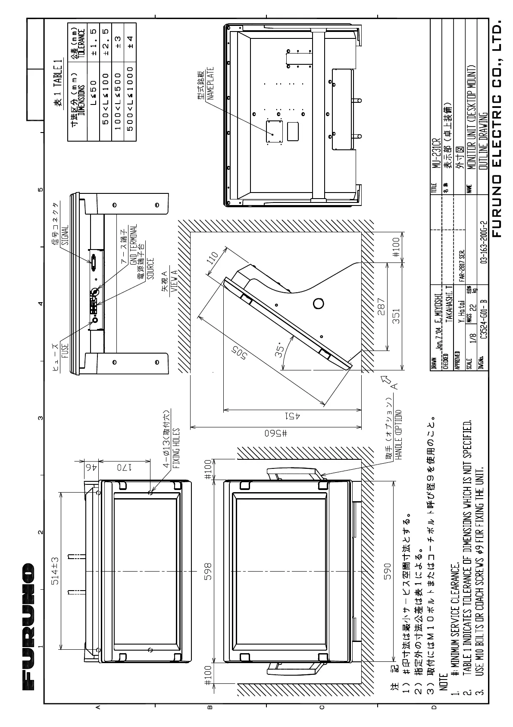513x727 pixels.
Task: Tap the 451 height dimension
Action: pyautogui.click(x=292, y=416)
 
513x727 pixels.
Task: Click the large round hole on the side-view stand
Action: pyautogui.click(x=319, y=304)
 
